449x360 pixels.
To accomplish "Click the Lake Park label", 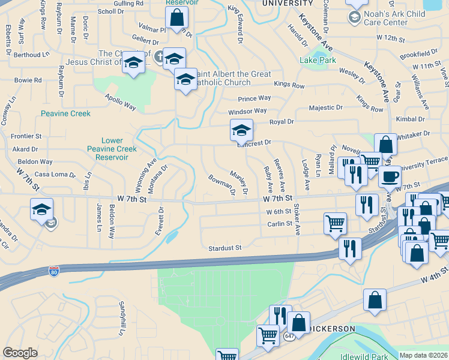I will pos(318,60).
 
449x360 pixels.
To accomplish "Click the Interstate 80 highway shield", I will pos(54,272).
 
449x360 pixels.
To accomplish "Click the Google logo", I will pos(20,353).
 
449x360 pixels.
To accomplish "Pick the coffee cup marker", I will pos(390,177).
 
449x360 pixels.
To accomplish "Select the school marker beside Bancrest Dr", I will pos(241,130).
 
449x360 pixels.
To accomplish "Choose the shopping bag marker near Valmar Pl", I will pos(177,18).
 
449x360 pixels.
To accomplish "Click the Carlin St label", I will pos(280,224).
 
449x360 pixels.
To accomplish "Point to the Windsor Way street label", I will pos(247,111).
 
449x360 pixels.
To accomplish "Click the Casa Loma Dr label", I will pos(55,174).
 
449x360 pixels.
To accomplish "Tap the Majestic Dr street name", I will pos(325,107).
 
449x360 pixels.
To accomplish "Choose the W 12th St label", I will pos(391,38).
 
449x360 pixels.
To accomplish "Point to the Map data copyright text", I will pos(424,355).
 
